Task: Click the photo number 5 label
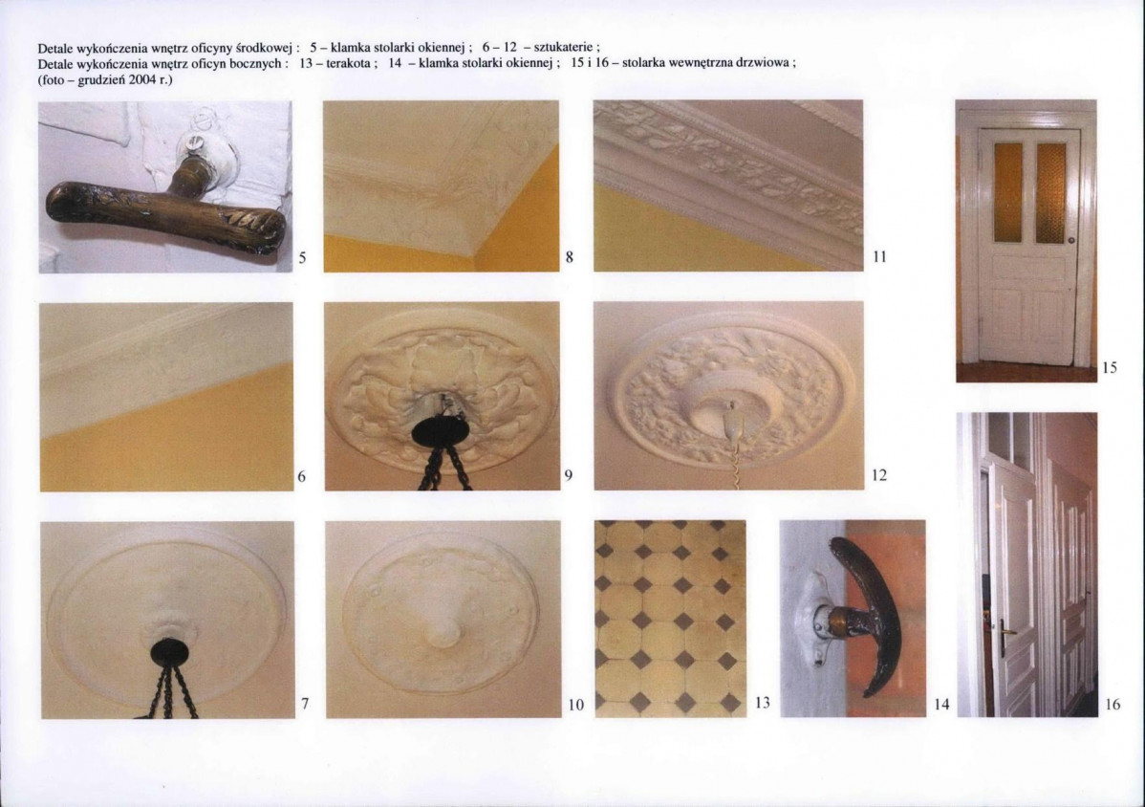coord(302,258)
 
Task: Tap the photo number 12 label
coord(879,475)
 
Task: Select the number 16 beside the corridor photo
coord(1113,704)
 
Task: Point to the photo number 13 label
coord(763,703)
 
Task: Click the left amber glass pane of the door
coord(1007,192)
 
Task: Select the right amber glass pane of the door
coord(1051,193)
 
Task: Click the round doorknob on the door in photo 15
coord(1072,240)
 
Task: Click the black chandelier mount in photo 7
coord(169,651)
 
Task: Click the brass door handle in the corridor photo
coord(1006,631)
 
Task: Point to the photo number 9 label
coord(568,475)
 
